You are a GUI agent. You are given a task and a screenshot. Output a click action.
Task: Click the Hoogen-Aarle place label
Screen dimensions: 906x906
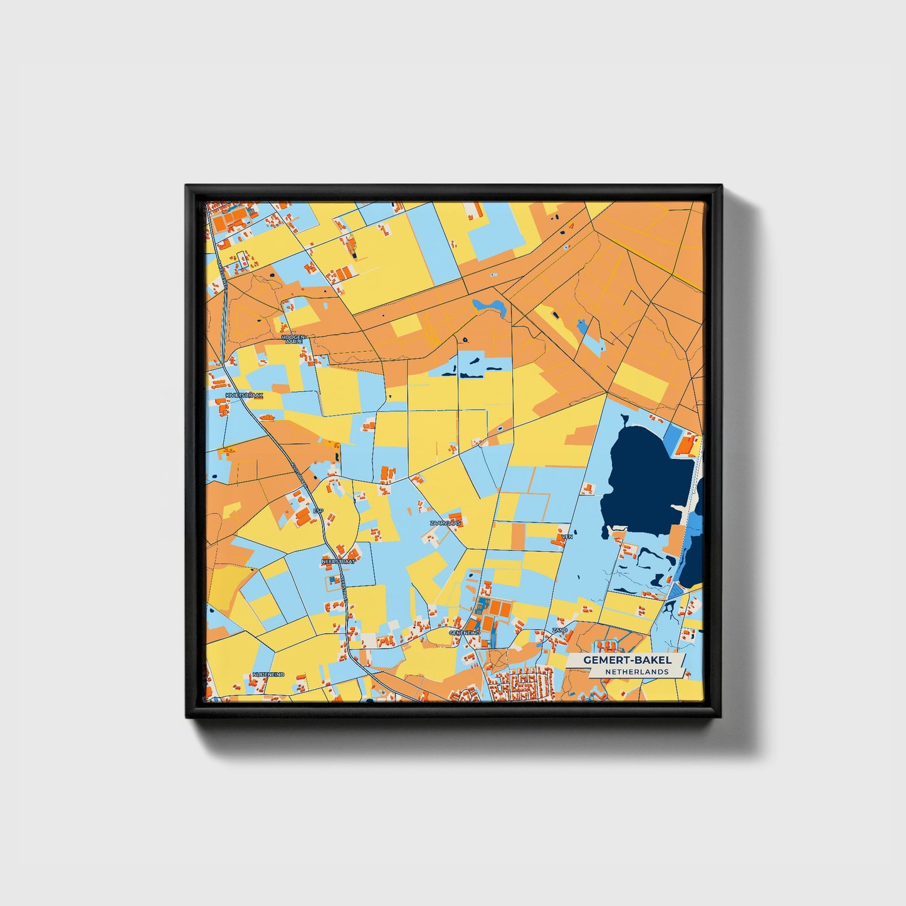pyautogui.click(x=294, y=339)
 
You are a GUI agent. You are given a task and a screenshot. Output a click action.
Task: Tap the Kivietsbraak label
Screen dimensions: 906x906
pyautogui.click(x=245, y=396)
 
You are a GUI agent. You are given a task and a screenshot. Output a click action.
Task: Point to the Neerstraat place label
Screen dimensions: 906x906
pyautogui.click(x=338, y=562)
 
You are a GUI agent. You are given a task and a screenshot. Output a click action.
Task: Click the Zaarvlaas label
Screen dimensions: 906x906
pyautogui.click(x=445, y=522)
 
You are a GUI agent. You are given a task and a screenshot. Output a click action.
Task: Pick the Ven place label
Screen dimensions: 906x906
pyautogui.click(x=567, y=537)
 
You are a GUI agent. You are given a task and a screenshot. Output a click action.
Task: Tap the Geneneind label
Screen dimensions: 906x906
pyautogui.click(x=465, y=633)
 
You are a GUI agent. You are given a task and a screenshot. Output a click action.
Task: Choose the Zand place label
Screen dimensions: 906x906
pyautogui.click(x=559, y=630)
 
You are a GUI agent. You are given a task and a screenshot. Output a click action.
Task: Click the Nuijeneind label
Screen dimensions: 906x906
pyautogui.click(x=268, y=675)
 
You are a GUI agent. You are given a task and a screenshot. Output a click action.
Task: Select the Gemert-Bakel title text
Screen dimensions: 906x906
pyautogui.click(x=627, y=660)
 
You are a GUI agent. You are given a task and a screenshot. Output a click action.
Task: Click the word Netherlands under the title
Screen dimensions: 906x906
pyautogui.click(x=636, y=672)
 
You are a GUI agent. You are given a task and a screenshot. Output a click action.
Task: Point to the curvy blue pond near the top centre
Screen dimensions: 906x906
pyautogui.click(x=490, y=306)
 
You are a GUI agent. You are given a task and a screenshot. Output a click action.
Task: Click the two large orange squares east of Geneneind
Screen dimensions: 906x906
pyautogui.click(x=499, y=609)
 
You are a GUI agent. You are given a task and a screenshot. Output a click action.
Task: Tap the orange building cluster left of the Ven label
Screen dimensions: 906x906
pyautogui.click(x=558, y=536)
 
